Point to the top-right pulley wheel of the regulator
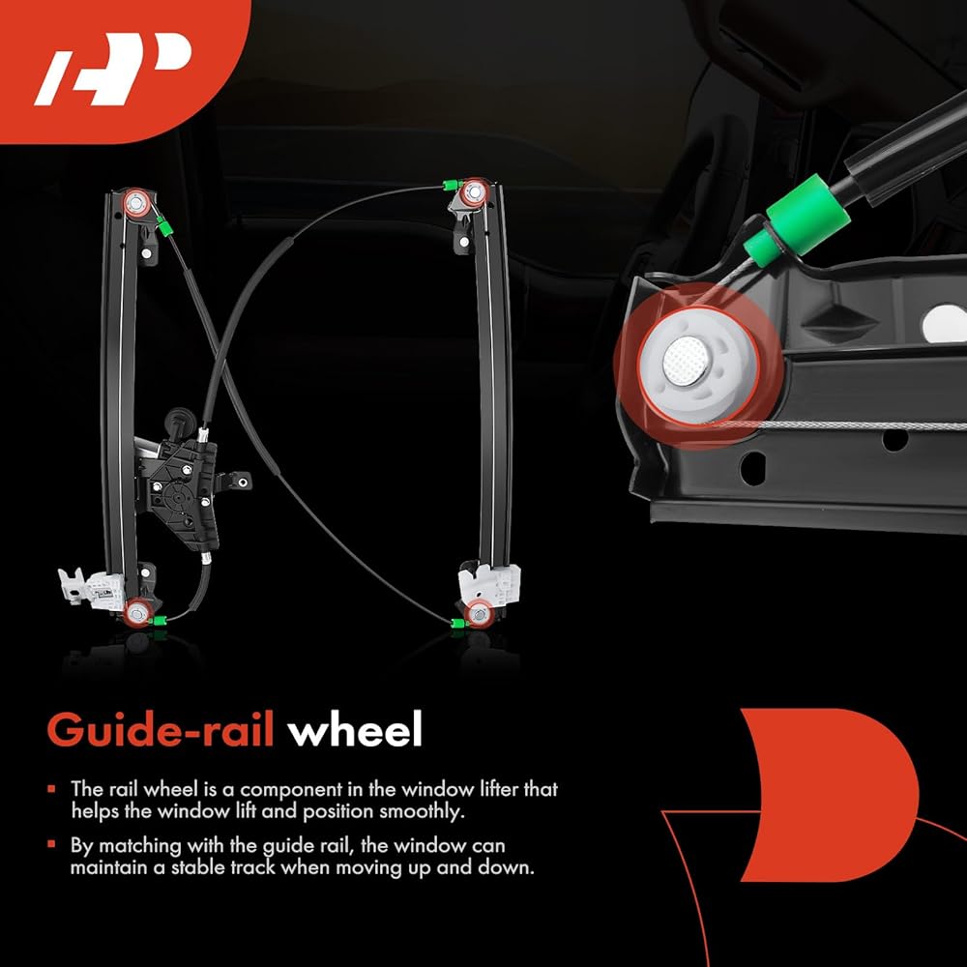coord(473,193)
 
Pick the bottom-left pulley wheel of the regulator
coord(137,611)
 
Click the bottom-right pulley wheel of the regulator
coord(479,612)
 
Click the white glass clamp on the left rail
coord(91,586)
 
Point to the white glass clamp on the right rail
coord(489,583)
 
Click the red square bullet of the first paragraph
coord(52,789)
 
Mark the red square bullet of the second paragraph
coord(52,846)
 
